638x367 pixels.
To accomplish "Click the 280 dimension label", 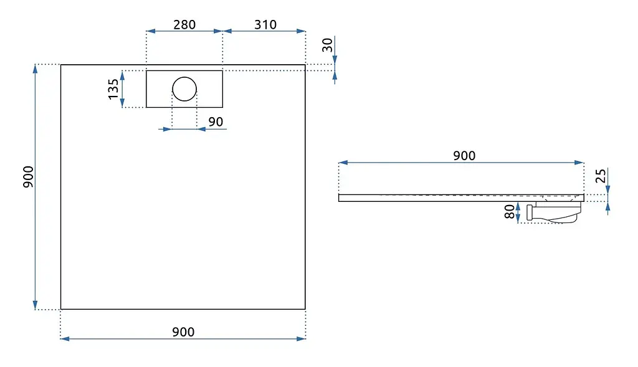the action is (x=184, y=25).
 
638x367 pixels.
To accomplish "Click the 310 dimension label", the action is (x=265, y=25).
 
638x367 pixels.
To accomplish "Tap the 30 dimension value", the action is (x=327, y=45).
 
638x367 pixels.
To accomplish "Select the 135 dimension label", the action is (x=113, y=88).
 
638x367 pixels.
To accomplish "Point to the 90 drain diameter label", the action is (x=216, y=122).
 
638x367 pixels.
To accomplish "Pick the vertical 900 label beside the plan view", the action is (x=28, y=176).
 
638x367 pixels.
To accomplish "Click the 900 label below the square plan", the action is (x=183, y=332).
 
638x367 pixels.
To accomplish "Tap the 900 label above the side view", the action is (x=464, y=155).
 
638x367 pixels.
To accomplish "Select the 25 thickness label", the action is (x=600, y=176).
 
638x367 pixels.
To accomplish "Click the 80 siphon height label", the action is (x=510, y=212).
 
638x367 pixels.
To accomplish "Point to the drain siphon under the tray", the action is (x=553, y=212).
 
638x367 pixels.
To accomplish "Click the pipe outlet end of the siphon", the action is (x=530, y=213).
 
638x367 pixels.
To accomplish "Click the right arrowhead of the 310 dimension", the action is (x=301, y=31).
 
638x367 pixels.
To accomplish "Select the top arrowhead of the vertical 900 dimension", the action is (x=36, y=69).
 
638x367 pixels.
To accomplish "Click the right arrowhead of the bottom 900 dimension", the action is (x=301, y=338).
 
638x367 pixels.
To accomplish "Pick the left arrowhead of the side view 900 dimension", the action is (x=343, y=163).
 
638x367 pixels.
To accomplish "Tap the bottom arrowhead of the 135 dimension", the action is (x=123, y=103).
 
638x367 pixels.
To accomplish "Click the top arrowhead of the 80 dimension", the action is (x=518, y=206).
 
